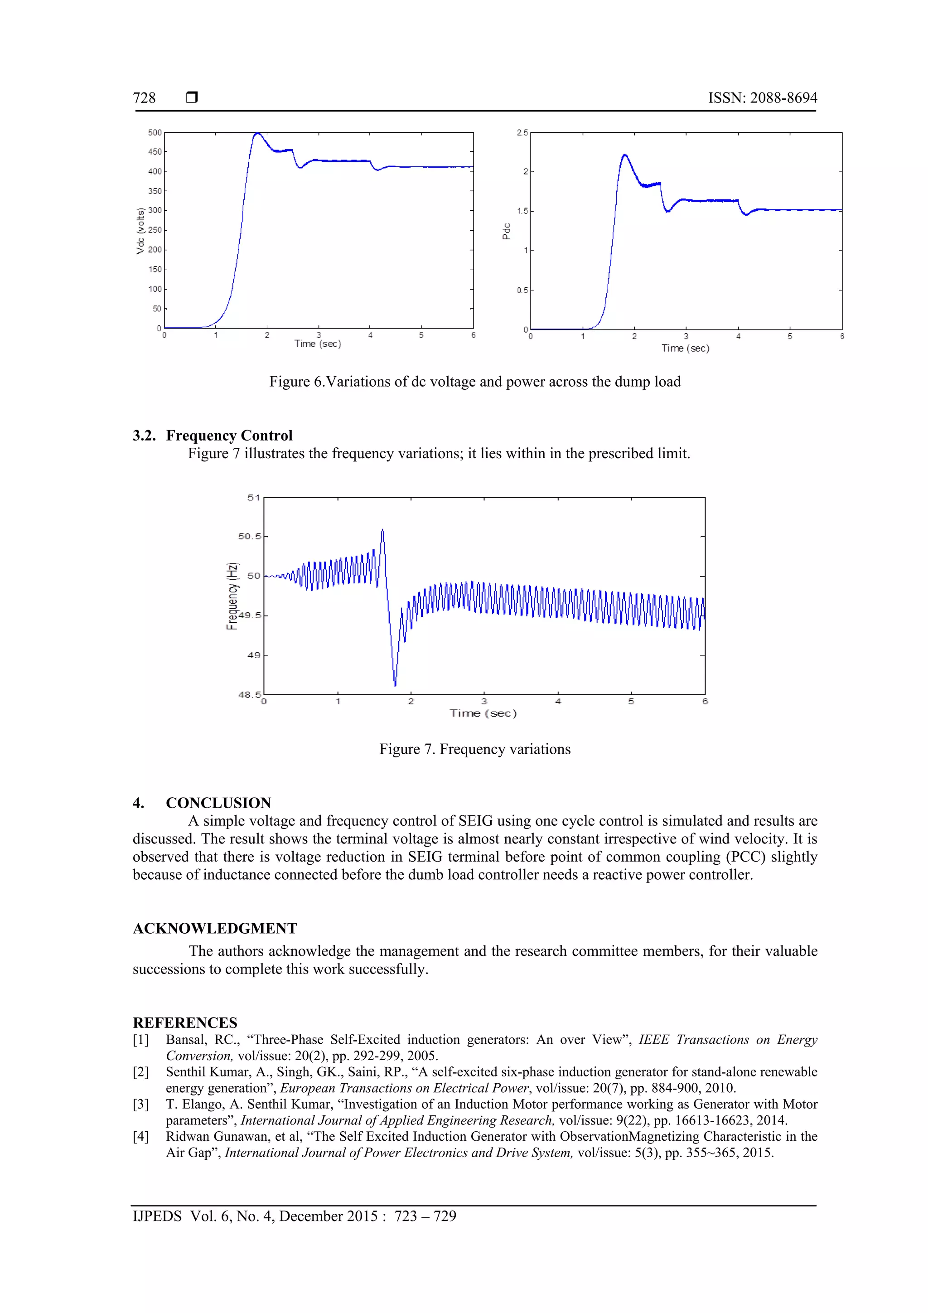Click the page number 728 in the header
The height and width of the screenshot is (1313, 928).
144,98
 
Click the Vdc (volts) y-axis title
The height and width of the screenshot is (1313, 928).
140,231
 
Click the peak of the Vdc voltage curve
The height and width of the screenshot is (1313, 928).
257,134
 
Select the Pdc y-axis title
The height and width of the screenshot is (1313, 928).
506,231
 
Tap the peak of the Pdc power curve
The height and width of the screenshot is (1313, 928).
624,155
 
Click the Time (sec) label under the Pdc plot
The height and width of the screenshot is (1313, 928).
685,348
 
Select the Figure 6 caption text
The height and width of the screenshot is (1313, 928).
474,382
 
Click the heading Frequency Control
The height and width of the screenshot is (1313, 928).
229,435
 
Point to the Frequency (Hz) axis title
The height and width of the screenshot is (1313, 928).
232,596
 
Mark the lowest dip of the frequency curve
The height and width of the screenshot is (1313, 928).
395,684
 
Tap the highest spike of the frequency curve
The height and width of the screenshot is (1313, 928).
382,531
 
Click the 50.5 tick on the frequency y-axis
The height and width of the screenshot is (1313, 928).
249,537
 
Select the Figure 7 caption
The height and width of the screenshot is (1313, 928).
474,749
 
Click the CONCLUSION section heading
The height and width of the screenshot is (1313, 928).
218,803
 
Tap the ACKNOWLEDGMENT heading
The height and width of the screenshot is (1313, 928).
214,928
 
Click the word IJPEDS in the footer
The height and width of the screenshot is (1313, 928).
157,1216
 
